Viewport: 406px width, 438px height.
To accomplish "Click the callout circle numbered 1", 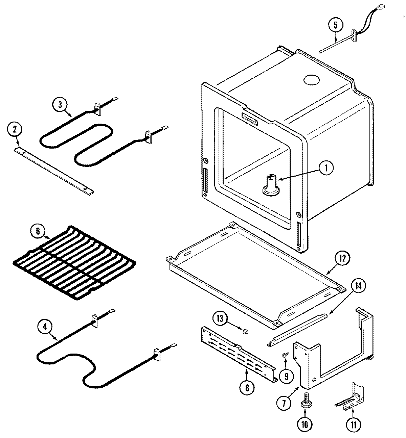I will coord(326,168).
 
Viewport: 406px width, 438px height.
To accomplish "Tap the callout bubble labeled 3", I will coord(60,104).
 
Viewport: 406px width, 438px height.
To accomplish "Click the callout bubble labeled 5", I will coord(335,25).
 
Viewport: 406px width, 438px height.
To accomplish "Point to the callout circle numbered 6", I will coord(38,231).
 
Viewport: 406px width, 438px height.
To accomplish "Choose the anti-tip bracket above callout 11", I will coord(352,398).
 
